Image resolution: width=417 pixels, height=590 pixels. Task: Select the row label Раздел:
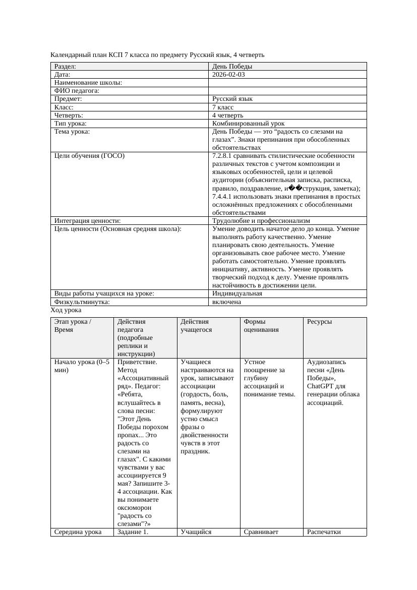65,67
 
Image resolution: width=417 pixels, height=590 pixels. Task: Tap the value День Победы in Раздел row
232,67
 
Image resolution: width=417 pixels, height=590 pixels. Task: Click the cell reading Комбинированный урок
248,124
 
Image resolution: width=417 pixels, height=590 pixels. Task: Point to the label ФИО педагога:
76,91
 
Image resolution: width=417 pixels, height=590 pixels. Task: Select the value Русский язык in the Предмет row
232,99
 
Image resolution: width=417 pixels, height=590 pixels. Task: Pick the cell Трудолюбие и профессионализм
261,221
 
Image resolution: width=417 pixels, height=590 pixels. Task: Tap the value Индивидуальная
237,293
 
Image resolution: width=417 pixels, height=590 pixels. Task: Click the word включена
226,302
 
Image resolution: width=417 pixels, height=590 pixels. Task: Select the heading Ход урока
66,311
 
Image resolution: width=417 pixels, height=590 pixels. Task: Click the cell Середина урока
78,532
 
